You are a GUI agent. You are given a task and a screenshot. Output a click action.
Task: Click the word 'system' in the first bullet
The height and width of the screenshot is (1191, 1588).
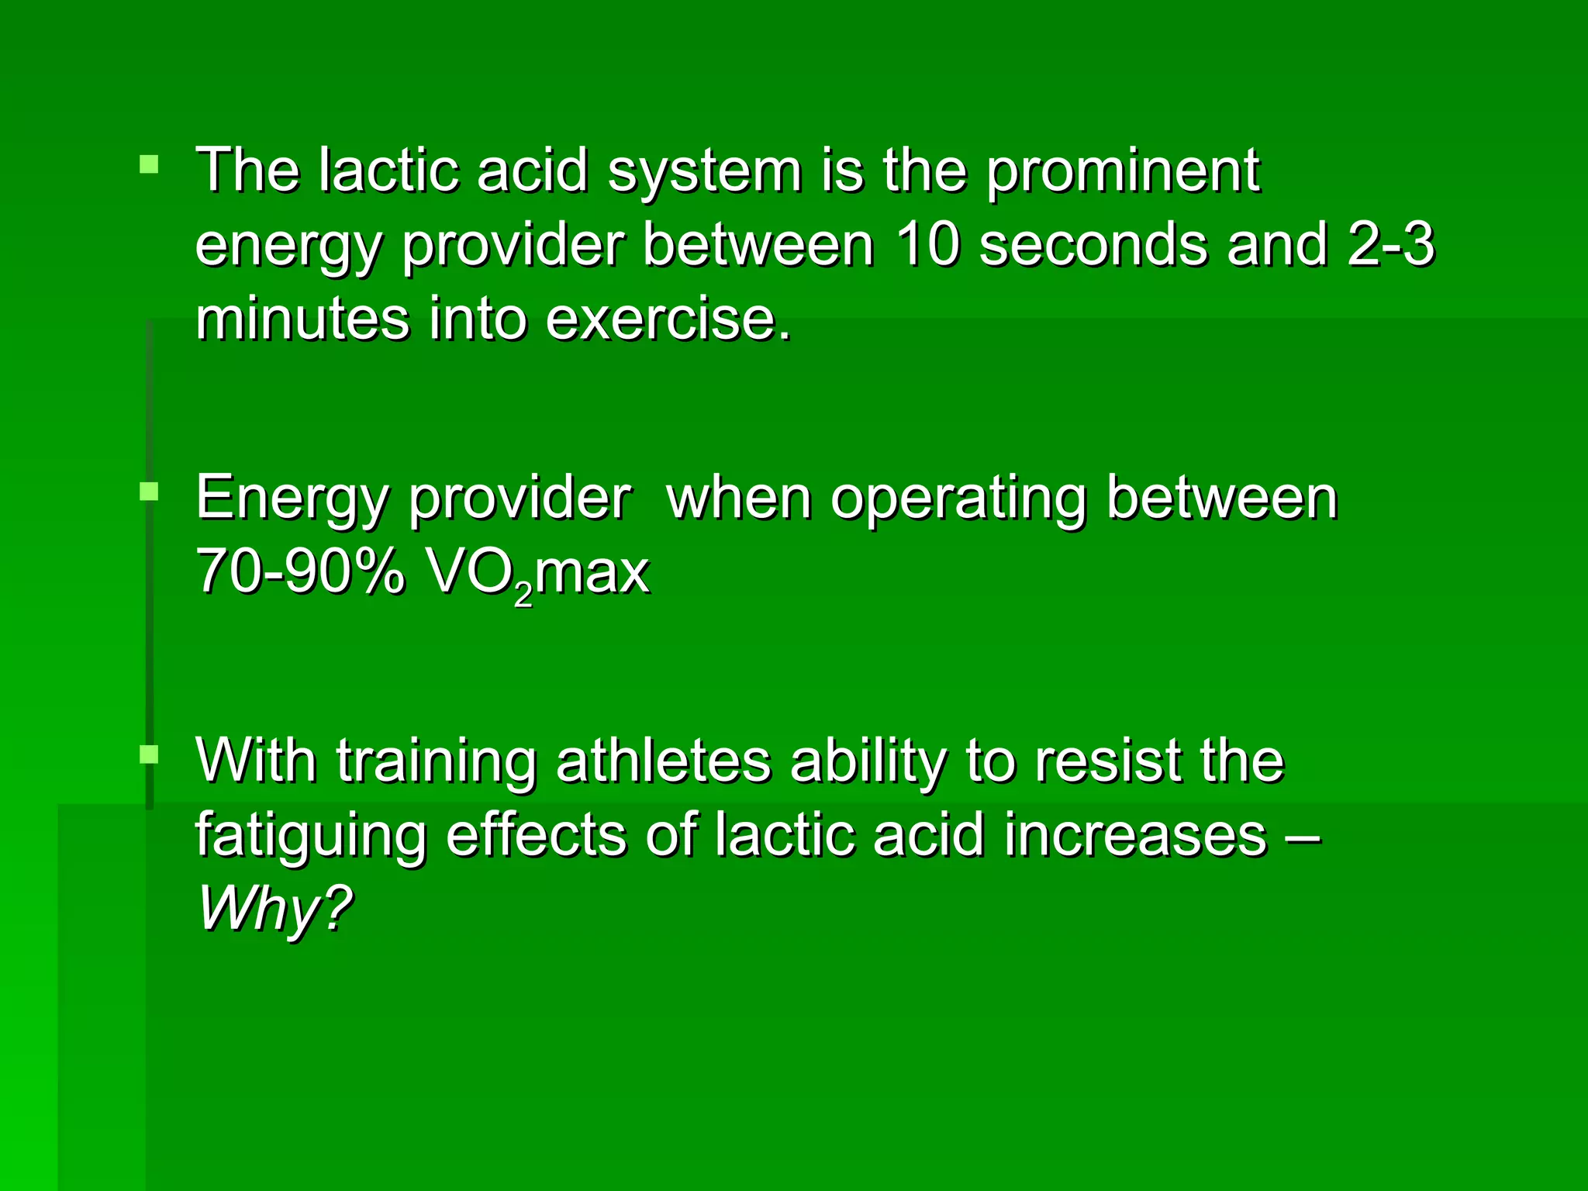(x=704, y=172)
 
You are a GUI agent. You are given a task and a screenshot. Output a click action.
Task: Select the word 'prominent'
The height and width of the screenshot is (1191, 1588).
(x=1123, y=172)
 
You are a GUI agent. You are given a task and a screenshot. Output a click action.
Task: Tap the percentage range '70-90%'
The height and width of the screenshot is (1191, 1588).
(x=300, y=572)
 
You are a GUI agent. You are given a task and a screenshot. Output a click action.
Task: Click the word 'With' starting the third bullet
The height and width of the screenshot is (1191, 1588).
(x=257, y=761)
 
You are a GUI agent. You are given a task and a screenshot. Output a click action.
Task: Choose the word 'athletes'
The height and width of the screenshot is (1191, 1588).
(x=663, y=761)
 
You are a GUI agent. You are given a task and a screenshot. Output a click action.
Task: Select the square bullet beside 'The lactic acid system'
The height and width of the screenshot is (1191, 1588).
(x=149, y=164)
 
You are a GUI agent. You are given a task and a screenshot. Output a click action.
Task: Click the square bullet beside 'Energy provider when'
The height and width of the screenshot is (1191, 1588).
(x=149, y=491)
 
